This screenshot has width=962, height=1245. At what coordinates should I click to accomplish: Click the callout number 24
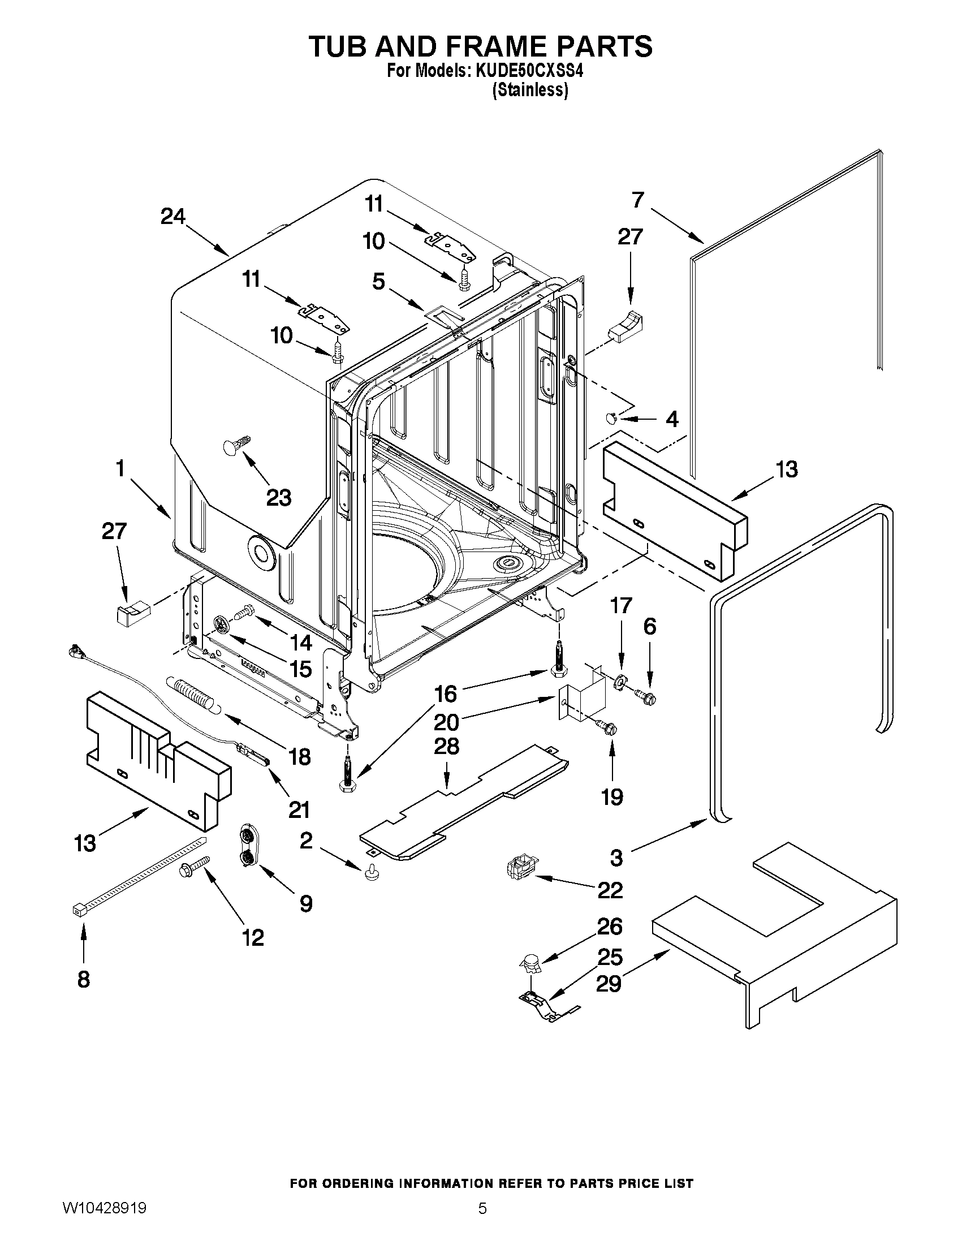coord(172,217)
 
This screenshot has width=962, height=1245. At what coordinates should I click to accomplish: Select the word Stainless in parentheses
coord(530,90)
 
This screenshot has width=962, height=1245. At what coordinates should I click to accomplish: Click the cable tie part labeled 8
coord(137,874)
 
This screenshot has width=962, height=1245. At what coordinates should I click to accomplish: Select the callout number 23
coord(279,498)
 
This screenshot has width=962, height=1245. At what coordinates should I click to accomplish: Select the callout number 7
coord(637,200)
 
